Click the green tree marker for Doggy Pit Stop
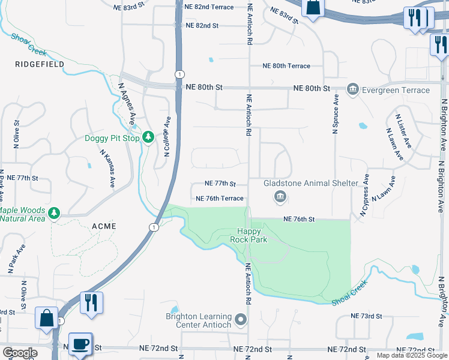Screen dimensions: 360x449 [148, 138]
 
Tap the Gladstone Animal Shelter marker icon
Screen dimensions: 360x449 [280, 196]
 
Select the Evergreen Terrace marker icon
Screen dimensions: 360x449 [352, 90]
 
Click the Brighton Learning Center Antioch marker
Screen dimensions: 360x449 [241, 320]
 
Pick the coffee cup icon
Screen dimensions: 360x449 [80, 344]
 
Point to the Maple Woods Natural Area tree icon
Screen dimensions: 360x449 [55, 212]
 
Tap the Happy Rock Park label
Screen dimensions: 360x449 [249, 235]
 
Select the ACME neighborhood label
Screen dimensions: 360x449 [103, 226]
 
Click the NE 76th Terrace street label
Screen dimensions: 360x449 [220, 198]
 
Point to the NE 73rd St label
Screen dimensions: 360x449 [367, 316]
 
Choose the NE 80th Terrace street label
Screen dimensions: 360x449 [286, 66]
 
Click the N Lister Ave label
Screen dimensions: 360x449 [403, 131]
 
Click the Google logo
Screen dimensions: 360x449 [20, 353]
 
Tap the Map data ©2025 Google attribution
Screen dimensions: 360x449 [411, 355]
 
